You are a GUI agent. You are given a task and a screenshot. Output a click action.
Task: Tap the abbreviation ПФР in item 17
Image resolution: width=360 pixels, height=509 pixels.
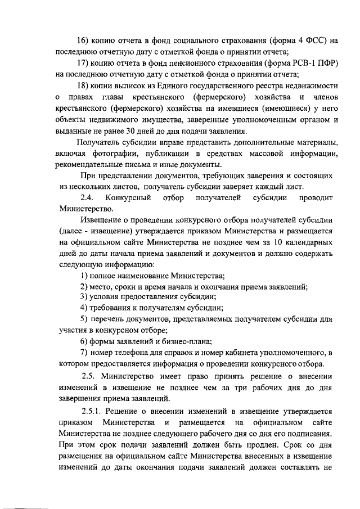[x=327, y=62]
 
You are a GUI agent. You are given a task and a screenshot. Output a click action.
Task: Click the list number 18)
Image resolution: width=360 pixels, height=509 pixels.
[x=83, y=84]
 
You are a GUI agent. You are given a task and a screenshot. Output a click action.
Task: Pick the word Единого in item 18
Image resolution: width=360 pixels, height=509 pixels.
[x=175, y=84]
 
